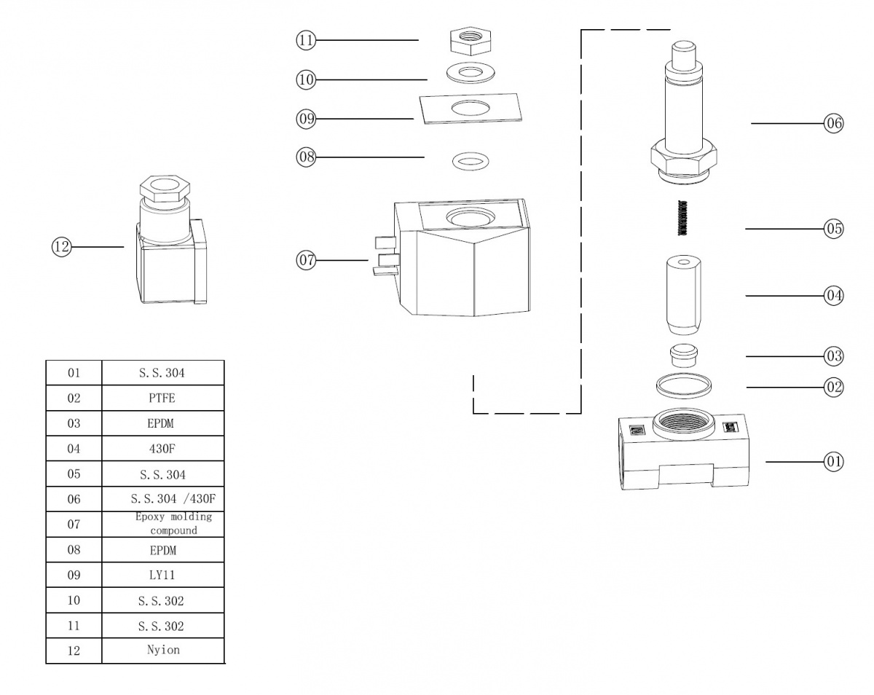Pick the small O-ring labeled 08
pos(470,160)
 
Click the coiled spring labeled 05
pos(682,217)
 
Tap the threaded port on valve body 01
pos(682,423)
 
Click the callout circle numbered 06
pos(833,123)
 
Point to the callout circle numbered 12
pos(61,247)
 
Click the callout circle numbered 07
pos(306,260)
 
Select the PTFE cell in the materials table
pos(162,398)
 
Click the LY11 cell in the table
pos(162,575)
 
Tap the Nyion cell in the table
pos(162,650)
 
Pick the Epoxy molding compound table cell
pos(162,524)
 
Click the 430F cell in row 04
pos(162,449)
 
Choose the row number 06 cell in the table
pos(74,499)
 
